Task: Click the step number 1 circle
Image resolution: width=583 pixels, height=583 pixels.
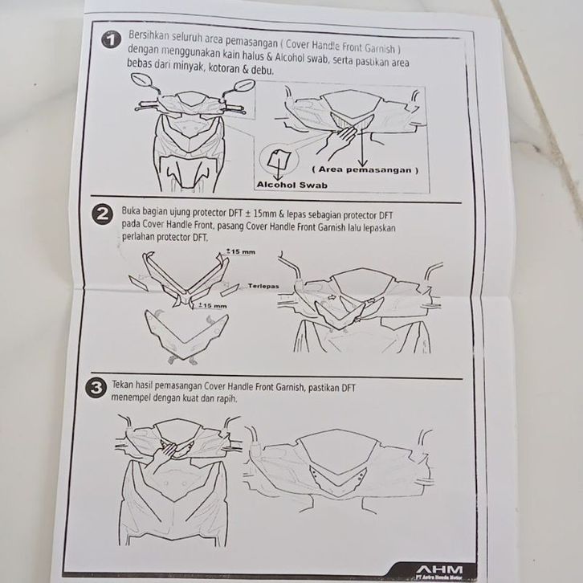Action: (x=111, y=40)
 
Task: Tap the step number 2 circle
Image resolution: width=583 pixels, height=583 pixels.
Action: (x=101, y=215)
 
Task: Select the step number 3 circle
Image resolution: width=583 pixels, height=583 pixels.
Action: (x=96, y=388)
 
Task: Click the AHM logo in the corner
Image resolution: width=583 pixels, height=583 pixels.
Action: (x=439, y=569)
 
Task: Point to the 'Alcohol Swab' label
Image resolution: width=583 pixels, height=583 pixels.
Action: (x=291, y=185)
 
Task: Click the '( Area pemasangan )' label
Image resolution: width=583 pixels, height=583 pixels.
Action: (x=365, y=170)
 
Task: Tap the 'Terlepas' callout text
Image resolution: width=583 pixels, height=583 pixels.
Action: (x=263, y=286)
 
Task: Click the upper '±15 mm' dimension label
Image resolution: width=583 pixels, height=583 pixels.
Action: (x=241, y=251)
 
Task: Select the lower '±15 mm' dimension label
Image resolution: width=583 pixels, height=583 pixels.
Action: (x=212, y=306)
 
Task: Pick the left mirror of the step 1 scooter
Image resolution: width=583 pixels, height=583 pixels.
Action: (x=141, y=79)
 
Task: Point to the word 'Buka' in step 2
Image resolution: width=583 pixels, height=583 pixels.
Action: (x=131, y=211)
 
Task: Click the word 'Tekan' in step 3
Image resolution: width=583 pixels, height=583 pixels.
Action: (x=122, y=385)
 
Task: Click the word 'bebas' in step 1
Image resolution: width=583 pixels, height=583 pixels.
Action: (x=137, y=63)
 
